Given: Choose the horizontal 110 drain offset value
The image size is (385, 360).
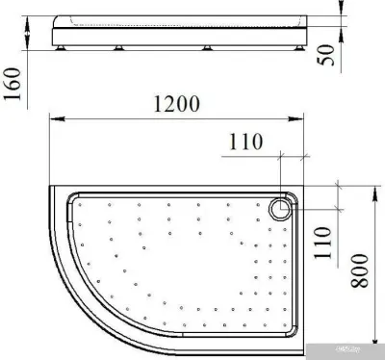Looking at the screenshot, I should tap(247, 141).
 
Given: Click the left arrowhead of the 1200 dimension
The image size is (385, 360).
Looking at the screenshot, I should tap(53, 120).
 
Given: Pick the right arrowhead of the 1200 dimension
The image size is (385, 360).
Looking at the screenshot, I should tap(303, 120).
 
